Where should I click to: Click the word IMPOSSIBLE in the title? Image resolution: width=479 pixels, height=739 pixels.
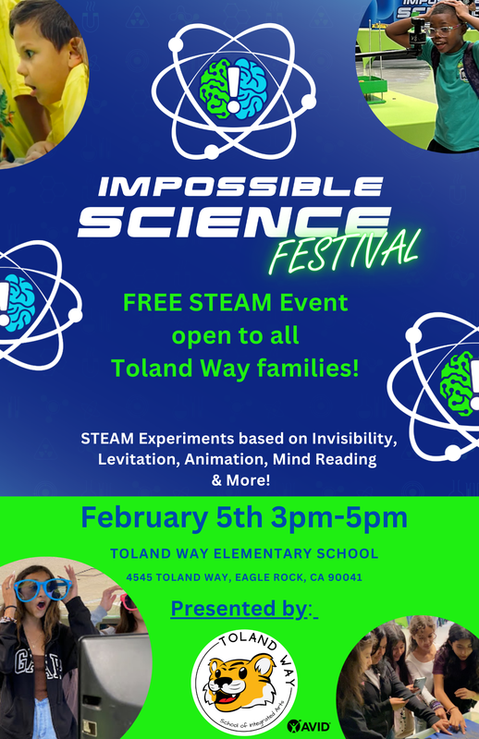point(239,187)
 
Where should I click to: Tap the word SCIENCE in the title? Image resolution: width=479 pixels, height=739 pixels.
point(232,224)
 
